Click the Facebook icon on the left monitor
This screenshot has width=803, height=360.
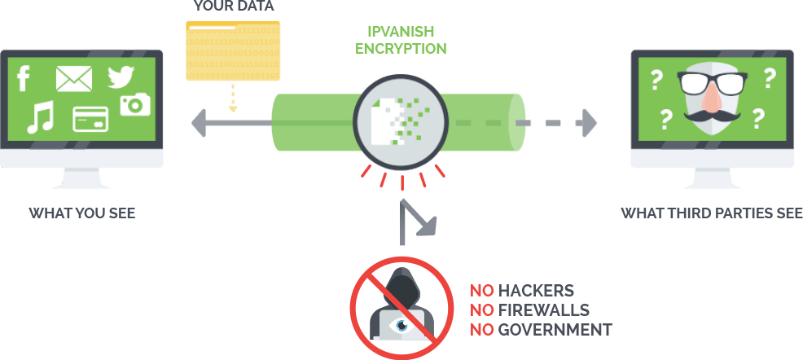coord(24,79)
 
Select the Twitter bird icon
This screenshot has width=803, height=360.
coord(121,78)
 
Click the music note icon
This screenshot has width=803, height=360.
coord(39,118)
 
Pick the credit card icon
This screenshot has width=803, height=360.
coord(90,119)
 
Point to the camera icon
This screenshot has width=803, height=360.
coord(135,104)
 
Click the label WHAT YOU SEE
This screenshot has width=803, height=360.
coord(81,214)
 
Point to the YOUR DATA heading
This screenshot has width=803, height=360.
coord(232,7)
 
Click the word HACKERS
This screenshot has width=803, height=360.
coord(536,291)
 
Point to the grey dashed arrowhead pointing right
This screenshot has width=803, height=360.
coord(587,123)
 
